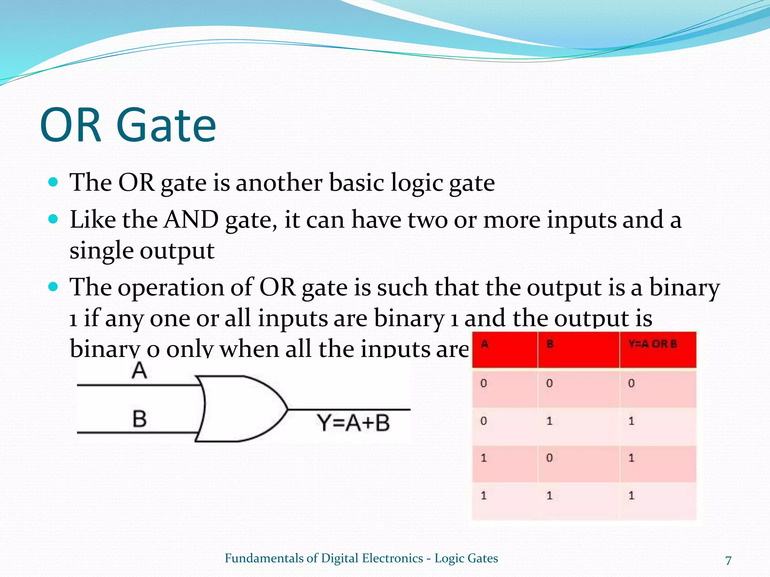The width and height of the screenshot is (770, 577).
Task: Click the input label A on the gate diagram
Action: (x=139, y=370)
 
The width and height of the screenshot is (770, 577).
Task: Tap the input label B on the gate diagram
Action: (x=139, y=419)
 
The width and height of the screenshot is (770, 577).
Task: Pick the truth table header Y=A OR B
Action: (x=652, y=344)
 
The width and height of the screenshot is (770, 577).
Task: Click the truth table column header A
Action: (x=485, y=344)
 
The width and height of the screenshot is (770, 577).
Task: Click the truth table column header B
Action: (x=550, y=344)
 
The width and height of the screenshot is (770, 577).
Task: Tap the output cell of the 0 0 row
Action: (x=631, y=384)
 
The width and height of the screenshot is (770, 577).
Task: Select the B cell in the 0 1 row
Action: (x=549, y=421)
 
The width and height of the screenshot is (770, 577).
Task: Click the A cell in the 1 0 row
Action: (x=484, y=458)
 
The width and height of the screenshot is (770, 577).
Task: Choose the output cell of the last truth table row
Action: (x=631, y=495)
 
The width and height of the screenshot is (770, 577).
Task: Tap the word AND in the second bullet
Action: (x=191, y=220)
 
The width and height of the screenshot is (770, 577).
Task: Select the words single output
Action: (x=142, y=251)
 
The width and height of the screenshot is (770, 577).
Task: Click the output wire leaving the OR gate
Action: (x=350, y=409)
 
